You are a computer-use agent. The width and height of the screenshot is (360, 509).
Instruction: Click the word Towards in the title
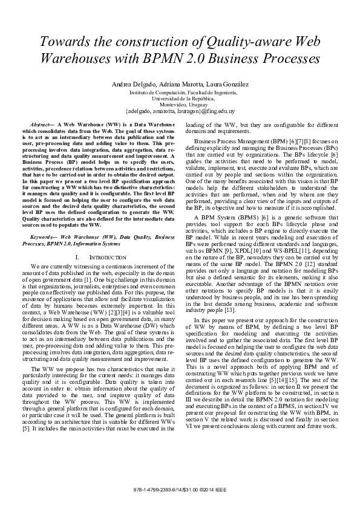point(67,42)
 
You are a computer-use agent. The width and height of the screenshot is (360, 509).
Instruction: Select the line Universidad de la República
point(180,98)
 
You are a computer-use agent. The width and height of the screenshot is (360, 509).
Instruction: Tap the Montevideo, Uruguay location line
point(180,105)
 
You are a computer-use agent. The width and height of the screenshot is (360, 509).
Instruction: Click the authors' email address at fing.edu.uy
point(180,111)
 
